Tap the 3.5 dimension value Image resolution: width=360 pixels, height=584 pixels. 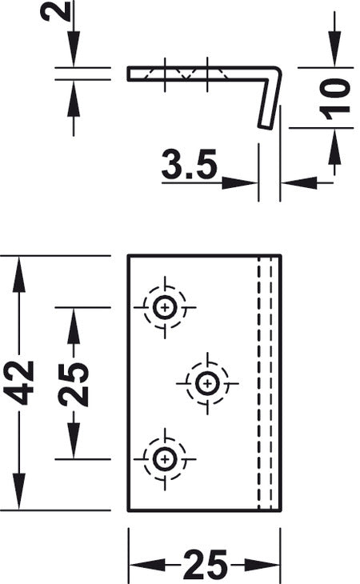tap(189, 164)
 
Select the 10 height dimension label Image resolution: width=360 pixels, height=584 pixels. tap(334, 98)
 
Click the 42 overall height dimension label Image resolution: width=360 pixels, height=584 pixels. tap(18, 382)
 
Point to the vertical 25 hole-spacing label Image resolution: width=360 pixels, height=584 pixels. tap(74, 384)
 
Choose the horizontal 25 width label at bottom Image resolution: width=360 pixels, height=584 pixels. tap(205, 564)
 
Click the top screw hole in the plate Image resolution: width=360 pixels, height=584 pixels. tap(165, 308)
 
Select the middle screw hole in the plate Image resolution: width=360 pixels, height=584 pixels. tap(207, 383)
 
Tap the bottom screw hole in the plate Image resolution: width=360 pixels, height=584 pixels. tap(165, 459)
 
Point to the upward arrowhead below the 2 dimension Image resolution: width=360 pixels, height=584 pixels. tap(74, 99)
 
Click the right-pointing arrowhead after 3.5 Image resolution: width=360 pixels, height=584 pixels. tap(239, 183)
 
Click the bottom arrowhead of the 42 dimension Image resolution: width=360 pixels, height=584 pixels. tap(19, 491)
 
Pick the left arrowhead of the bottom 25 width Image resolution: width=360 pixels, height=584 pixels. tap(146, 565)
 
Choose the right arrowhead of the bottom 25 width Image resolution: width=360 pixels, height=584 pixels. tap(262, 565)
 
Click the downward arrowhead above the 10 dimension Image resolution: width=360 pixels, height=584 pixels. tap(334, 49)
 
